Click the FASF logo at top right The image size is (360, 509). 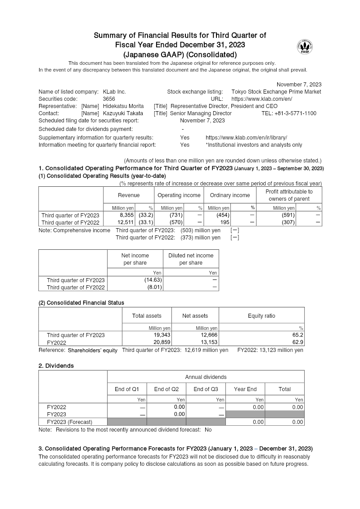[305, 46]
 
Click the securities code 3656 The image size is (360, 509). [109, 99]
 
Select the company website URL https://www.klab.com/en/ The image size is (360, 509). [262, 99]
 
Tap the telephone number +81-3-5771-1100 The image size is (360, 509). [288, 113]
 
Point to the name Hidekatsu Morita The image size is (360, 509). [123, 106]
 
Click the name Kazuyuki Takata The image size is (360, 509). [123, 113]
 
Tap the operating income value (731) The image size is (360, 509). [175, 215]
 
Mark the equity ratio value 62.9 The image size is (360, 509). [298, 342]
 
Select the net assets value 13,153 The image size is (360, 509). [208, 342]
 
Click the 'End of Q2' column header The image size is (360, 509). [166, 389]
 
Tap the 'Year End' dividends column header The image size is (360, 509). [245, 389]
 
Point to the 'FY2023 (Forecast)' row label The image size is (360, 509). [70, 422]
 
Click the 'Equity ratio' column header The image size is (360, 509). [261, 316]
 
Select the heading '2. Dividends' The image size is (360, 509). [56, 366]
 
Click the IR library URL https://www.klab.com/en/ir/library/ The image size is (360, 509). [246, 137]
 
